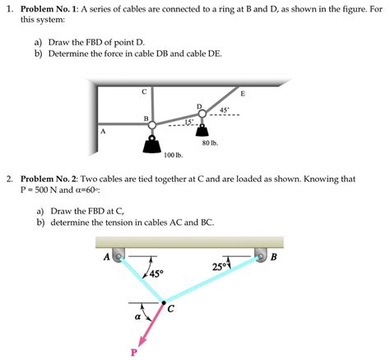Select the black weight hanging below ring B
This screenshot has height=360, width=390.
(151, 146)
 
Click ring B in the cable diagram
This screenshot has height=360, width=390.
(151, 124)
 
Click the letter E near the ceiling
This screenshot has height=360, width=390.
(242, 92)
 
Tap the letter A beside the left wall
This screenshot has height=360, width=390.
(102, 130)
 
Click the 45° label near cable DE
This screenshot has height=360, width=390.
(224, 110)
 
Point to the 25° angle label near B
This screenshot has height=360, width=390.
(220, 266)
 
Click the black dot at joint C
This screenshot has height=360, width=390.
(163, 302)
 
